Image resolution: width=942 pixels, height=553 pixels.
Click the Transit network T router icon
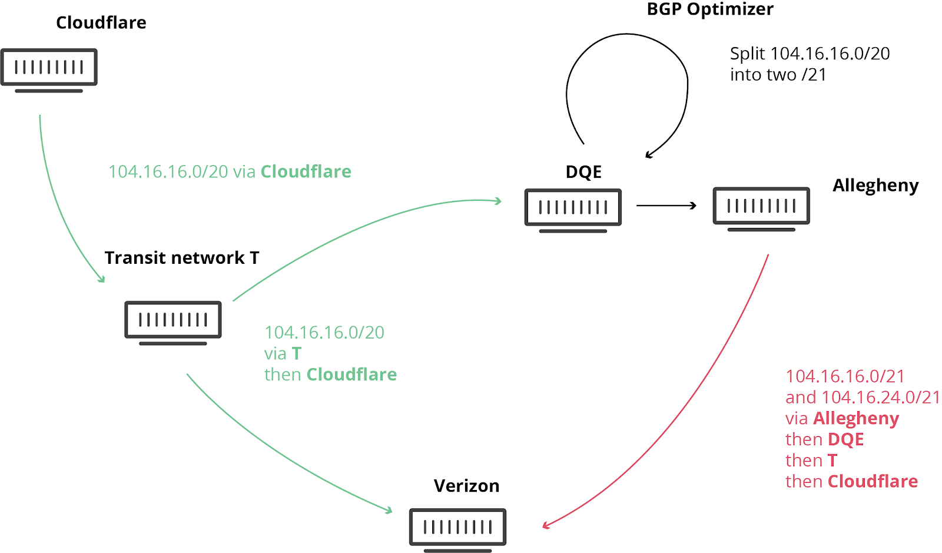pyautogui.click(x=173, y=322)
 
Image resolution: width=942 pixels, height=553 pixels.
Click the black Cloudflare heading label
pyautogui.click(x=101, y=22)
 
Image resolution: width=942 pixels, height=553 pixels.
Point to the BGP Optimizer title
pyautogui.click(x=709, y=9)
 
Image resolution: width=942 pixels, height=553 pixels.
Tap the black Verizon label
pyautogui.click(x=466, y=486)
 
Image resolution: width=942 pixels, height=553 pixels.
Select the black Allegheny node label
pyautogui.click(x=875, y=186)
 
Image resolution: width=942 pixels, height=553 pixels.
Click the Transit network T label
pyautogui.click(x=181, y=258)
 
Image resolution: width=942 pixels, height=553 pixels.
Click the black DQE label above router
pyautogui.click(x=583, y=172)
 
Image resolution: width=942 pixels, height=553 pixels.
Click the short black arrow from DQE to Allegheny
pyautogui.click(x=666, y=206)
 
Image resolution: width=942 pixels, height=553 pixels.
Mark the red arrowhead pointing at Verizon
pyautogui.click(x=546, y=525)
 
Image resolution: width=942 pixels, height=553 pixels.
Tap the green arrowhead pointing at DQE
pyautogui.click(x=498, y=201)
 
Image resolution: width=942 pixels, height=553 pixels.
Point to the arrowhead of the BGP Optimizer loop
pyautogui.click(x=649, y=155)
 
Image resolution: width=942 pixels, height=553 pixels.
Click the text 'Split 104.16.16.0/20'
pyautogui.click(x=810, y=54)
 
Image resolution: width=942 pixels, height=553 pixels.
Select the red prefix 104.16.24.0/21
pyautogui.click(x=881, y=398)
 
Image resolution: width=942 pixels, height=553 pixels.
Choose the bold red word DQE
pyautogui.click(x=845, y=439)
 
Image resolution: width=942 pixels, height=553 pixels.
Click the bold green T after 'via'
pyautogui.click(x=296, y=353)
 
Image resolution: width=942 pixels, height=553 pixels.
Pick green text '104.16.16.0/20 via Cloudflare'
pyautogui.click(x=230, y=171)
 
